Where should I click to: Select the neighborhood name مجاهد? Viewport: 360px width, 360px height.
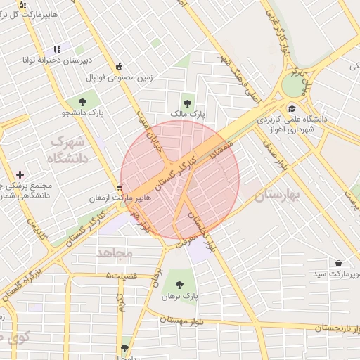[x=115, y=252]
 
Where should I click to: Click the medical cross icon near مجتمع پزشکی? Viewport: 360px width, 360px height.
[x=20, y=174]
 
